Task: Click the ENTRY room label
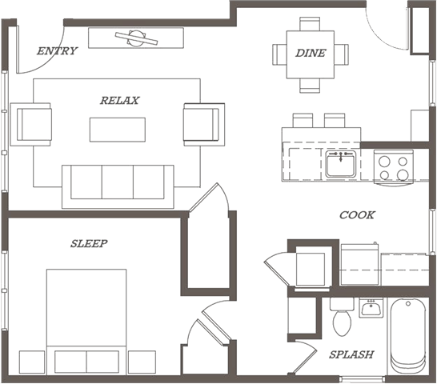coord(58,51)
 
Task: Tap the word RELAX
coord(119,101)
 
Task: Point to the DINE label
coord(311,53)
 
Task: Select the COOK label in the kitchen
coord(357,215)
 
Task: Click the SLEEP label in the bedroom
coord(89,243)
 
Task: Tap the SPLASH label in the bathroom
coord(351,354)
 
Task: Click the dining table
coord(311,54)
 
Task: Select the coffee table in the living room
coord(118,130)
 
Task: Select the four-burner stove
coord(392,166)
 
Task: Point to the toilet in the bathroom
coord(342,322)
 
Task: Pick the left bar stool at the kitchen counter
coord(303,120)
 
